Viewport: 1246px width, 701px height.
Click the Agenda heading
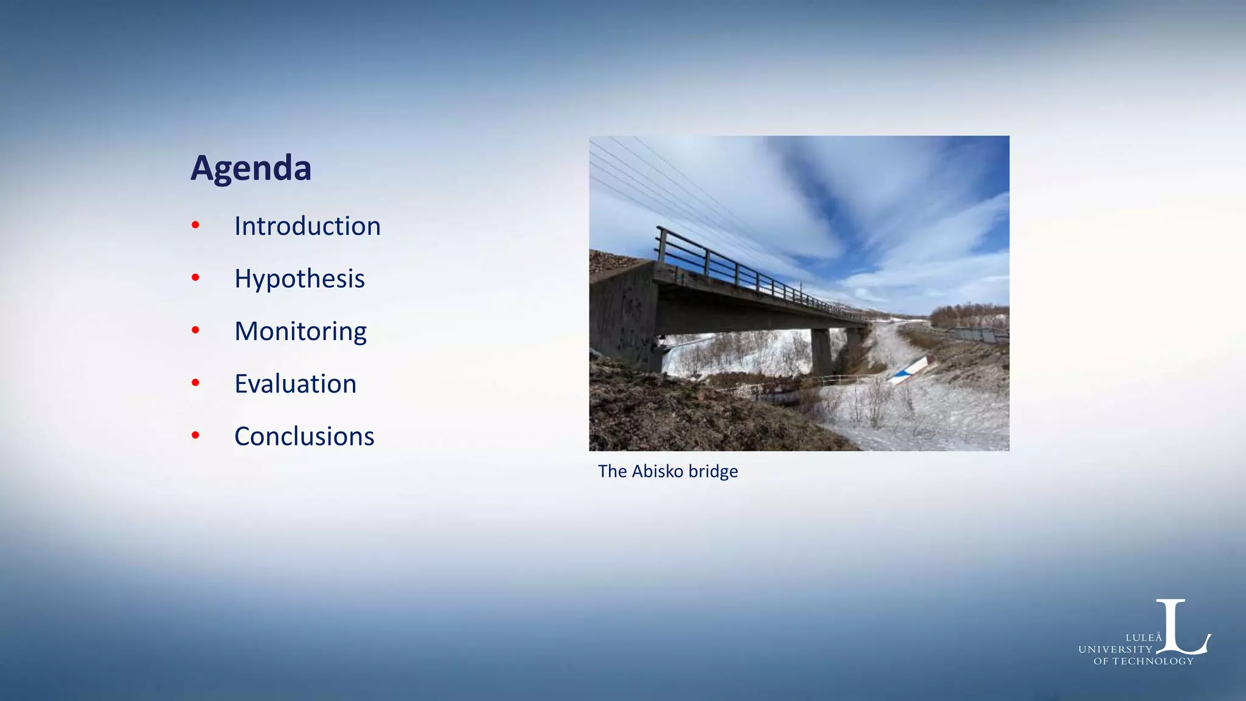coord(251,168)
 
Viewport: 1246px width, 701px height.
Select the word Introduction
coord(307,226)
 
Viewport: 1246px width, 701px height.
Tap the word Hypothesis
coord(299,279)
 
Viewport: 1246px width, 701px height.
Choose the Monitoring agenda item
coord(301,332)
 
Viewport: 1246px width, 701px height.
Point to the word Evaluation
coord(295,384)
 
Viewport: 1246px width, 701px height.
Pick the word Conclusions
coord(304,437)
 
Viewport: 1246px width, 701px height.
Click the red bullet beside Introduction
coord(195,226)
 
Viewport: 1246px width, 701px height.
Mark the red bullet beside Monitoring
coord(195,330)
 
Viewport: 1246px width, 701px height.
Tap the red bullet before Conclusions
coord(195,435)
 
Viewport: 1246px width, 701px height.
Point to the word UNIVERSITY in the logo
coord(1115,649)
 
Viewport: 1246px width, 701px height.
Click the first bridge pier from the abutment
coord(821,351)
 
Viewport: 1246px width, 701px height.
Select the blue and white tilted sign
coord(911,370)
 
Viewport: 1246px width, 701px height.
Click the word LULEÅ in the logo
coord(1143,638)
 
